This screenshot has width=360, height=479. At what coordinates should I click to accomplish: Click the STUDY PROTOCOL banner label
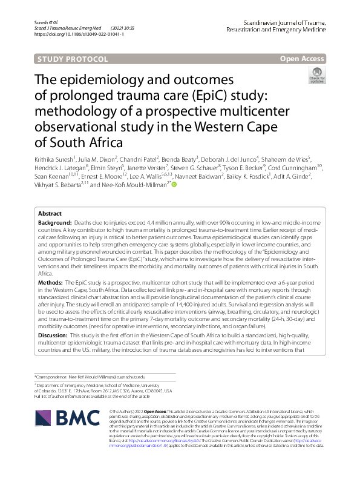click(72, 59)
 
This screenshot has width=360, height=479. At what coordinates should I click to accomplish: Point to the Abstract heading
click(50, 214)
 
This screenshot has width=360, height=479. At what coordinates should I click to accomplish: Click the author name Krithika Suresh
click(55, 162)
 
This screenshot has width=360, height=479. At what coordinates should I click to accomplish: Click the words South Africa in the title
click(85, 144)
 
